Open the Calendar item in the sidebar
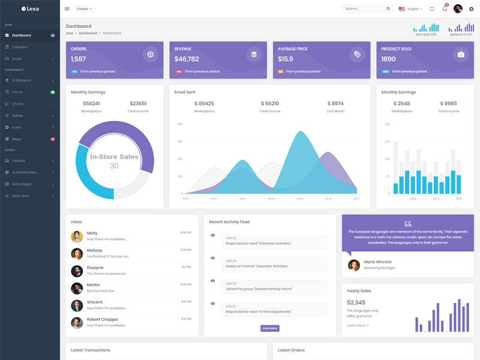tap(20, 47)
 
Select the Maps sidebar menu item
tap(17, 139)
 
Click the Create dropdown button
tap(84, 9)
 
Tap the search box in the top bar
tap(365, 9)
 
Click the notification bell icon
tap(445, 8)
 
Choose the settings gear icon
tap(471, 9)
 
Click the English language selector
tap(410, 9)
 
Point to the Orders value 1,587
tap(79, 59)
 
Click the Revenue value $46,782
tap(187, 59)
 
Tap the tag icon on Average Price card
tap(358, 55)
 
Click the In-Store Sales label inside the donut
tap(114, 157)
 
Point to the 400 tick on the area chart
tap(179, 124)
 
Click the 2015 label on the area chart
tap(299, 199)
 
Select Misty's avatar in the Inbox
tap(77, 236)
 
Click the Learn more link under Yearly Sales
tap(358, 325)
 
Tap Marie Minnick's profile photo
tap(354, 265)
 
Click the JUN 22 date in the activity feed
tap(231, 283)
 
